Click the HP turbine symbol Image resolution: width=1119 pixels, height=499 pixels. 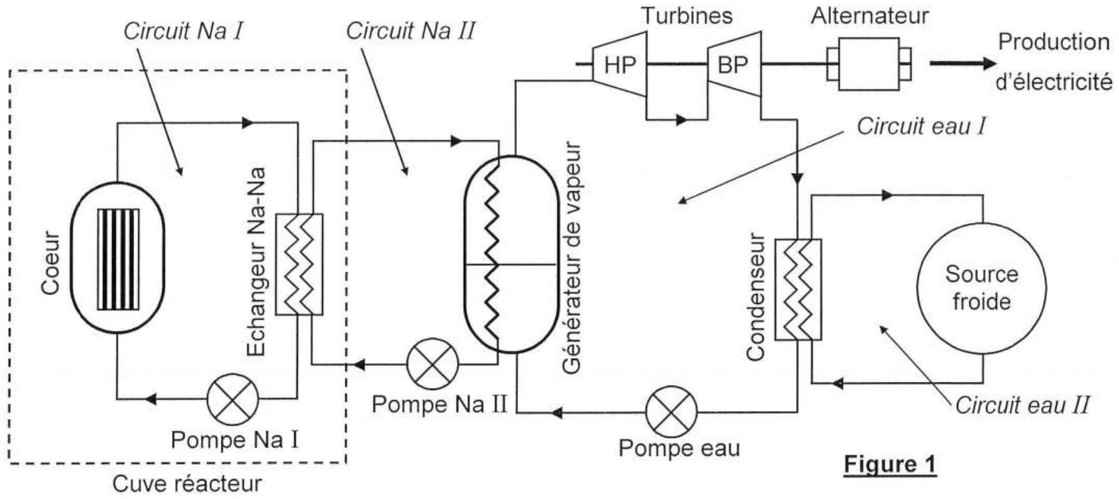pyautogui.click(x=619, y=64)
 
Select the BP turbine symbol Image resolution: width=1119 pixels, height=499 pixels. pyautogui.click(x=734, y=64)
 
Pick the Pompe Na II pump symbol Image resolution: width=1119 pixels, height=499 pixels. pyautogui.click(x=433, y=364)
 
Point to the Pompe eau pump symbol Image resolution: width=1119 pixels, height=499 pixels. pyautogui.click(x=671, y=412)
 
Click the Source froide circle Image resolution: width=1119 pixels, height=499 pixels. pyautogui.click(x=982, y=288)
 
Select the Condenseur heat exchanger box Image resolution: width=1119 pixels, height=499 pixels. pyautogui.click(x=798, y=290)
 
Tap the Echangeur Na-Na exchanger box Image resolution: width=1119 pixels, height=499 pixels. pyautogui.click(x=299, y=264)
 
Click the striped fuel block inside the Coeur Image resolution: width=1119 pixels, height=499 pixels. pyautogui.click(x=118, y=259)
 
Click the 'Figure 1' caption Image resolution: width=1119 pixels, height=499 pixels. pyautogui.click(x=890, y=465)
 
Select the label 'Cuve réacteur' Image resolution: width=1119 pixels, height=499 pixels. pyautogui.click(x=187, y=484)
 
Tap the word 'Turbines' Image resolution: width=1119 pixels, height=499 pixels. pyautogui.click(x=687, y=16)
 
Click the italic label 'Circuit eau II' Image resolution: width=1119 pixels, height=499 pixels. pyautogui.click(x=1022, y=406)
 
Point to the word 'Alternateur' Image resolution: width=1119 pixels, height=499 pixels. pyautogui.click(x=870, y=16)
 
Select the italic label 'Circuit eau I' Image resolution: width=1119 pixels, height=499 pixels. pyautogui.click(x=921, y=126)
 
